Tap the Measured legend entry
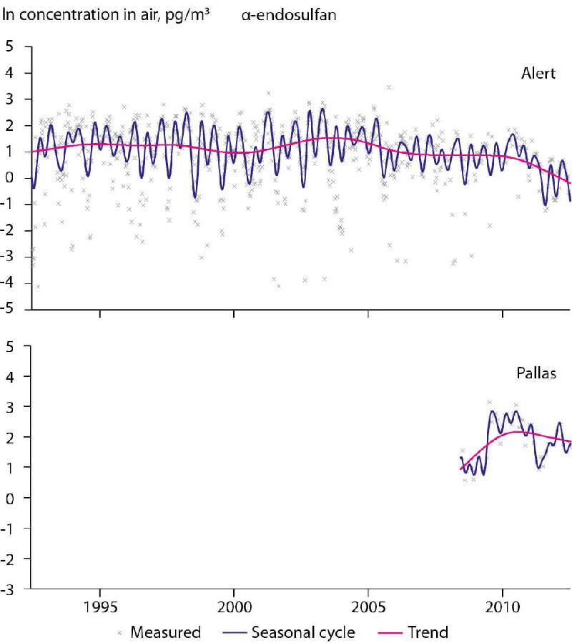coord(165,632)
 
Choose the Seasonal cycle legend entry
coord(303,632)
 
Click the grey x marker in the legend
coord(119,633)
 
